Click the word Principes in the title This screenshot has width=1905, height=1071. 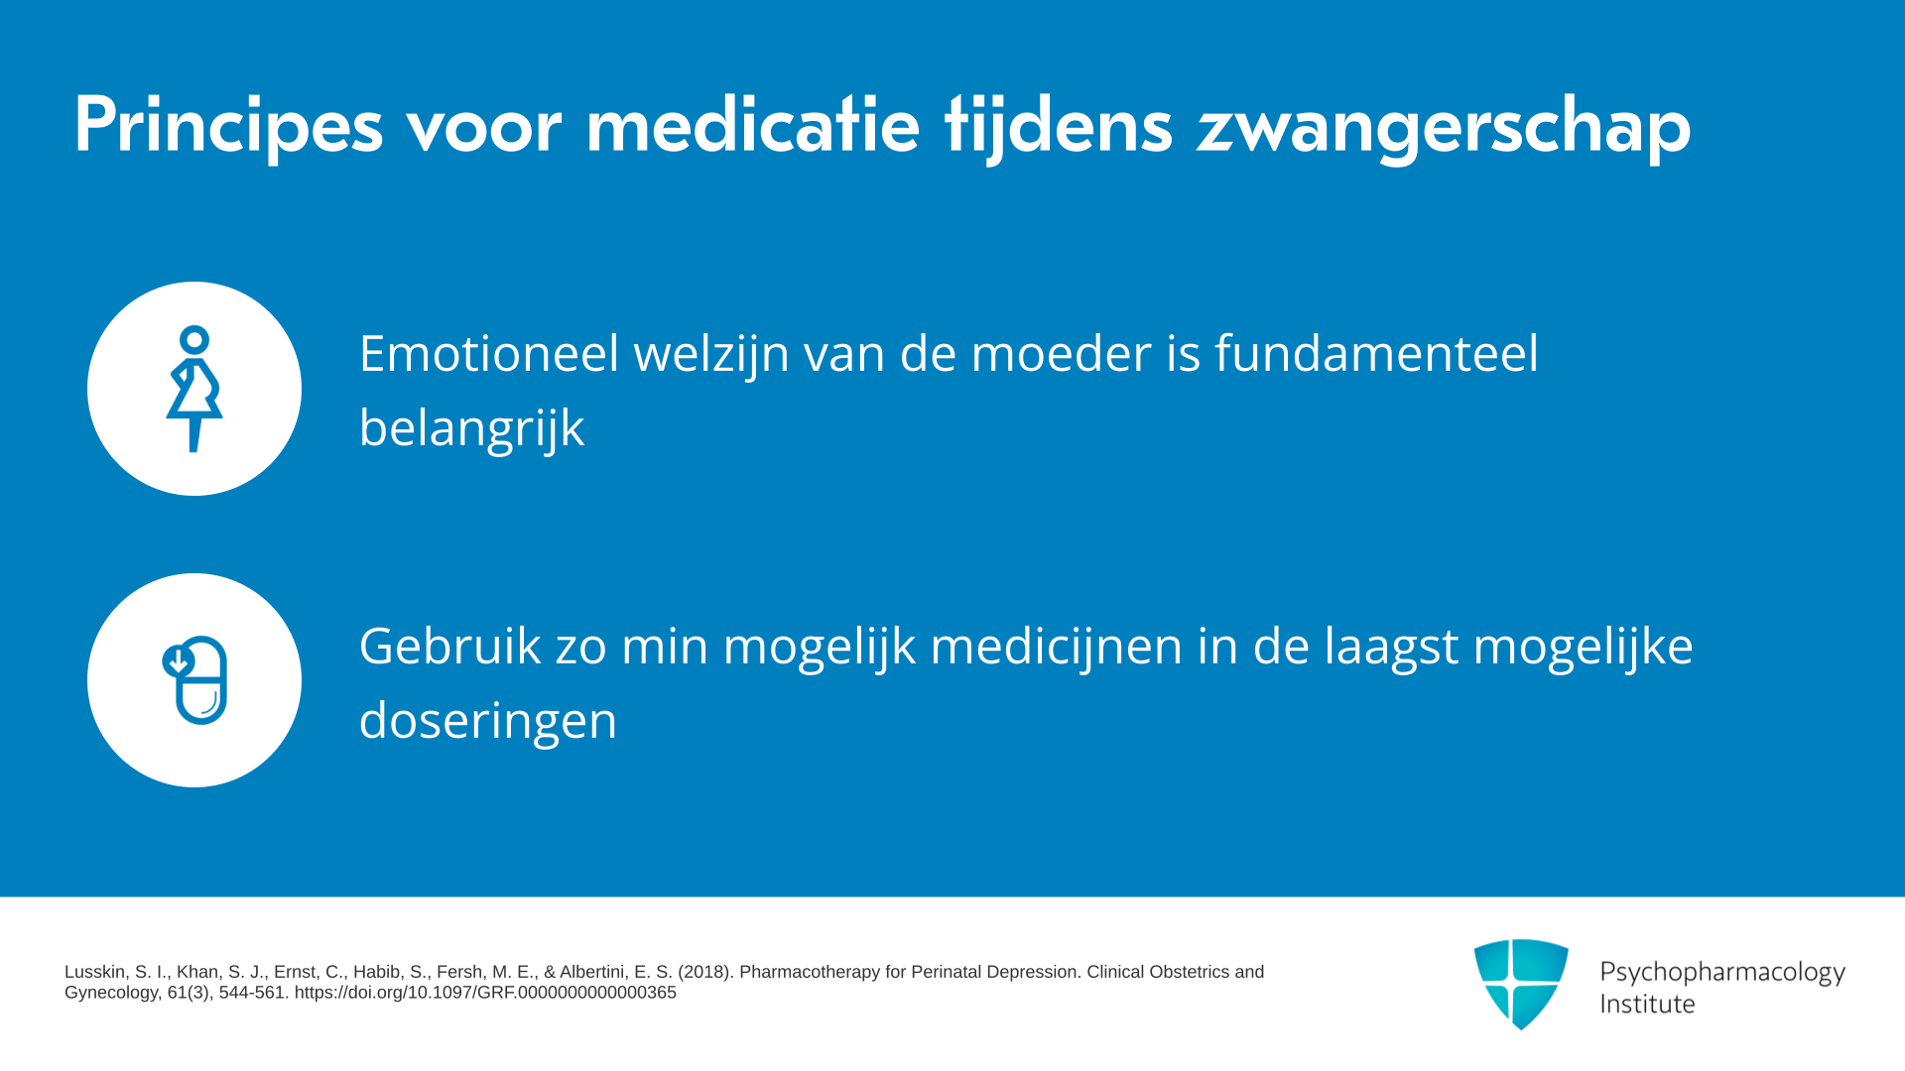(x=228, y=126)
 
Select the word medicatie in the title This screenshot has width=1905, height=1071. (x=753, y=124)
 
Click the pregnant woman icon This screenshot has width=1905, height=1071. (x=194, y=389)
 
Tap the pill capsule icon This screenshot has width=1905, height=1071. (x=195, y=680)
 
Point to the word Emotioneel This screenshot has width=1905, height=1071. (x=489, y=353)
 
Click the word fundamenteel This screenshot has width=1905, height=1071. (x=1377, y=353)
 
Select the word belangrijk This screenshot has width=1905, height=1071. (x=472, y=428)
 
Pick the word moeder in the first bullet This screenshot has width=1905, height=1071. (x=1061, y=353)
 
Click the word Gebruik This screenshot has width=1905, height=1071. (x=450, y=646)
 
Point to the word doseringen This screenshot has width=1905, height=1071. (x=488, y=721)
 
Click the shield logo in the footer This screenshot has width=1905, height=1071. (x=1521, y=984)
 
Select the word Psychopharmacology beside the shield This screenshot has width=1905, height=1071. (x=1722, y=973)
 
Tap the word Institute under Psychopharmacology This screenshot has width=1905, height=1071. (x=1648, y=1004)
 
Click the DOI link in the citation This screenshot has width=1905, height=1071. (x=485, y=993)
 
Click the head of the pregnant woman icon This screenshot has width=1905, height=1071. (x=194, y=340)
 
